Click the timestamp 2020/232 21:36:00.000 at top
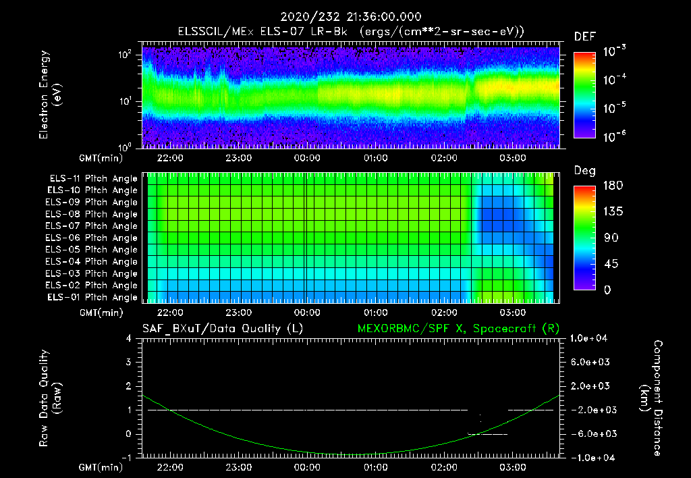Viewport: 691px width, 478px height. pos(351,17)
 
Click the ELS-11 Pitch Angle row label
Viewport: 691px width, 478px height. pos(93,179)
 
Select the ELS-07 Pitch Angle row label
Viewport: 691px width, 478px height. pos(91,225)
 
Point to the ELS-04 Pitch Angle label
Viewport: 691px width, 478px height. pos(91,261)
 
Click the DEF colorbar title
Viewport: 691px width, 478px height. pos(585,36)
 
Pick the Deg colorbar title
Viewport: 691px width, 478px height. pos(585,171)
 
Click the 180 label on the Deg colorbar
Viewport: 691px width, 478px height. pos(613,185)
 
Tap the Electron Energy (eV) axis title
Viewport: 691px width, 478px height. pos(50,95)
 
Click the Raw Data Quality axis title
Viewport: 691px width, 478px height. pos(50,398)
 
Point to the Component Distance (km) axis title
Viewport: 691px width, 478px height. pos(651,398)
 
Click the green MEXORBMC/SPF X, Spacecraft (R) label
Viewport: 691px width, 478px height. pos(458,329)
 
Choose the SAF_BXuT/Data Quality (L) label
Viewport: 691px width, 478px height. pos(223,329)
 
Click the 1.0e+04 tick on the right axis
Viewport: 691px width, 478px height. pos(588,338)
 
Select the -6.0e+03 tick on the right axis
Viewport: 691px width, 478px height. pos(588,434)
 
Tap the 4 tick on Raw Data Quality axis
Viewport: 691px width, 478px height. pos(129,338)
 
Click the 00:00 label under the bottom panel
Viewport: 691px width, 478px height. pos(307,467)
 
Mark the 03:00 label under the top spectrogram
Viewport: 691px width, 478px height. pos(513,158)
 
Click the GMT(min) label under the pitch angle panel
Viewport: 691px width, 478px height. pos(101,313)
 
